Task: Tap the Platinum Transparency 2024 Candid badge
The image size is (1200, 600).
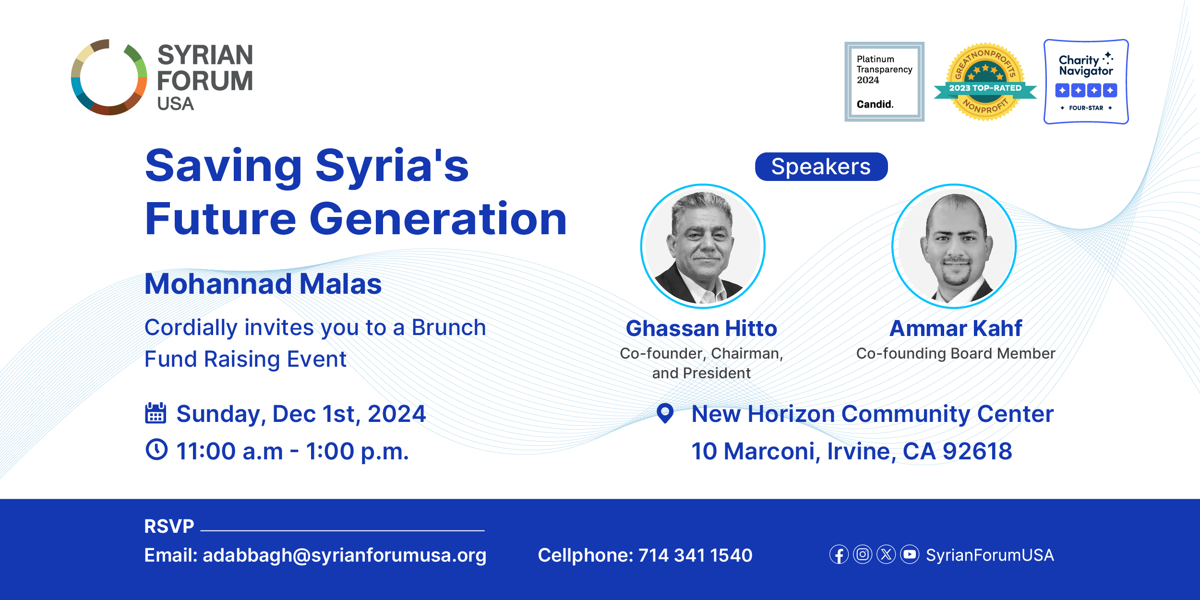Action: (884, 82)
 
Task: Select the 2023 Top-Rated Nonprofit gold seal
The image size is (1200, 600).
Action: (985, 82)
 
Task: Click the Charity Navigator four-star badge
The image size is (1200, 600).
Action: (1086, 82)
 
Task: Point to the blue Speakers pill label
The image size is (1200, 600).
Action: (821, 167)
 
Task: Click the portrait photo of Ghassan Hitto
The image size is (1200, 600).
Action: (703, 246)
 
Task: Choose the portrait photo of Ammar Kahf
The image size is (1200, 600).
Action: (954, 246)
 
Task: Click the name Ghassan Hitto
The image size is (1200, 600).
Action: (701, 328)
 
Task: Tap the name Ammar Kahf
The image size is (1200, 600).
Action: (956, 328)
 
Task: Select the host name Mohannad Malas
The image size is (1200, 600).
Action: (263, 284)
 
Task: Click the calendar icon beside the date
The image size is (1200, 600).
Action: (156, 413)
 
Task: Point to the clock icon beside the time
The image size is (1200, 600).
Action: (156, 449)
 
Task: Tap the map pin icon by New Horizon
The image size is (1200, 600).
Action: (665, 413)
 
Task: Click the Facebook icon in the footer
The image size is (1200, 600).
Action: (839, 554)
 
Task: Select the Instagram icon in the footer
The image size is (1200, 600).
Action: (863, 554)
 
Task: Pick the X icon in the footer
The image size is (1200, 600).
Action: (886, 554)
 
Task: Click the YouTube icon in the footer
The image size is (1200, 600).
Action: (910, 554)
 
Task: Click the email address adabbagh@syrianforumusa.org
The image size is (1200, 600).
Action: (345, 555)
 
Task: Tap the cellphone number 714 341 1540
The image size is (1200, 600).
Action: (696, 555)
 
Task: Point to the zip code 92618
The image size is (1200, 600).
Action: (977, 451)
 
